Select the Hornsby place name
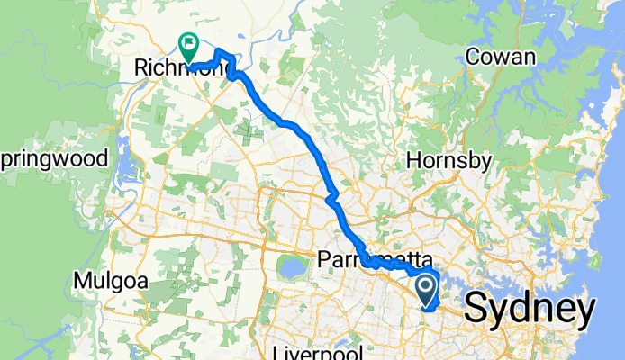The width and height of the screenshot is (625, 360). click(449, 161)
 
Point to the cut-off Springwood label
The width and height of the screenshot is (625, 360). click(54, 160)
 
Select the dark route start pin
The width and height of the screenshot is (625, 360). click(426, 290)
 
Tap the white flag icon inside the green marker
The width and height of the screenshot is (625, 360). click(190, 41)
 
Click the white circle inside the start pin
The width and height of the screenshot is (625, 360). click(426, 286)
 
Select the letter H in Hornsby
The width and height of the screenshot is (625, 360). click(414, 161)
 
